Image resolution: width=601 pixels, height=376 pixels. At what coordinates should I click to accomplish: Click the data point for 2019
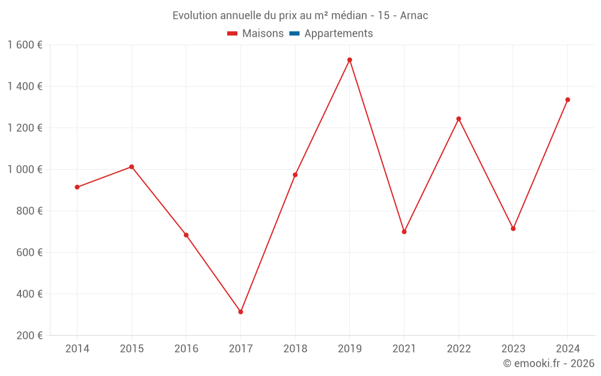point(349,60)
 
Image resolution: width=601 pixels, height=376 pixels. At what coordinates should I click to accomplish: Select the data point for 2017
point(240,312)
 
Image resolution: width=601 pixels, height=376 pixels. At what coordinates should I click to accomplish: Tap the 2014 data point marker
point(77,187)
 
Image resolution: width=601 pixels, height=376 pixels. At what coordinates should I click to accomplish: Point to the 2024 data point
point(567,100)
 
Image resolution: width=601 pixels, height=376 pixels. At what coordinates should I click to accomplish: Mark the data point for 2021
point(404,232)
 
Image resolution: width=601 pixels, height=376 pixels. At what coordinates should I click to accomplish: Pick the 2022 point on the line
point(459,119)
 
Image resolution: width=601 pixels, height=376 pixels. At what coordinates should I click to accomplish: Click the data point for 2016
point(186,235)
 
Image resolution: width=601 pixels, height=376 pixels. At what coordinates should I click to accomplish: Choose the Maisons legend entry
point(263,34)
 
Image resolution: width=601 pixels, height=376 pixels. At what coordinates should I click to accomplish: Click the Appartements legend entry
point(338,34)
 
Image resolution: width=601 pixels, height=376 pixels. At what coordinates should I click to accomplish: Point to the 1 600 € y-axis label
point(25,45)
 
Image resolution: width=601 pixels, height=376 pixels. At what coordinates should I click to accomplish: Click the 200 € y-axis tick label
point(29,336)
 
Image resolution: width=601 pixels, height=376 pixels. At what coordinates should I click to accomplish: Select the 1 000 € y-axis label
point(25,170)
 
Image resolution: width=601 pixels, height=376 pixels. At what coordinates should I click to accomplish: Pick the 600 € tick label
point(29,253)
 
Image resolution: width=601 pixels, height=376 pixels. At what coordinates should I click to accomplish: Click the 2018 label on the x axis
point(295,349)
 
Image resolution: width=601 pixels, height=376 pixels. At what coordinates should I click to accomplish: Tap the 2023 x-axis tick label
point(513,349)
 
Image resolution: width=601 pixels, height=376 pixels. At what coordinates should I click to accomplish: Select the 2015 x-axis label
point(132,349)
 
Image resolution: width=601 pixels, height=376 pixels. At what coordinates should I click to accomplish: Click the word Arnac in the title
point(414,16)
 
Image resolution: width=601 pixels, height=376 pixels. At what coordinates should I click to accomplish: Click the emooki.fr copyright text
point(548,363)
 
